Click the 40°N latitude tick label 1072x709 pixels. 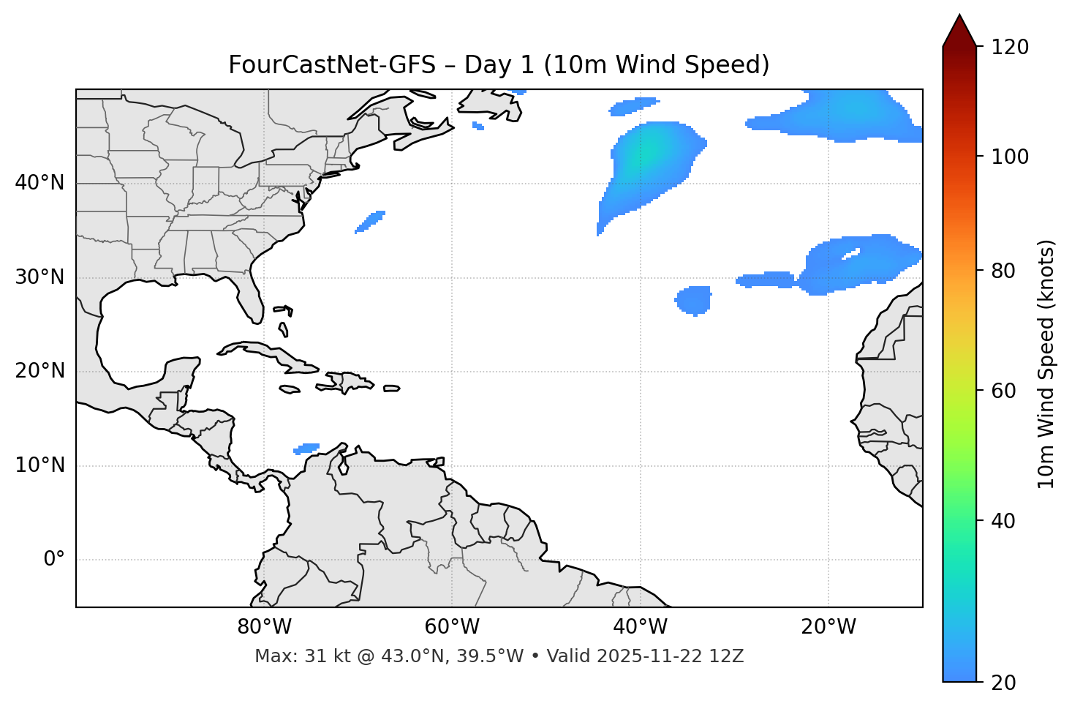[x=39, y=183]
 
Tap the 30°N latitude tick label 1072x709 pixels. [x=39, y=277]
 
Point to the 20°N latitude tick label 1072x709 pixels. [x=39, y=371]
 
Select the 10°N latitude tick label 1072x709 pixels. [x=39, y=465]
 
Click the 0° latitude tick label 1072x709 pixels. [x=53, y=560]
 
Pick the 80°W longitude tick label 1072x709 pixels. [x=264, y=627]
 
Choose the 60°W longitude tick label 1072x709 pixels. [x=452, y=627]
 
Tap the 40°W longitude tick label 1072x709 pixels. [x=640, y=627]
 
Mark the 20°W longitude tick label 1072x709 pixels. [x=828, y=627]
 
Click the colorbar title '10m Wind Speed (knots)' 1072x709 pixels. [x=1046, y=364]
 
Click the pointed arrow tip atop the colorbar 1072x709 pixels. [x=959, y=18]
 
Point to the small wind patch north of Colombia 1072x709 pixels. [x=307, y=448]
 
